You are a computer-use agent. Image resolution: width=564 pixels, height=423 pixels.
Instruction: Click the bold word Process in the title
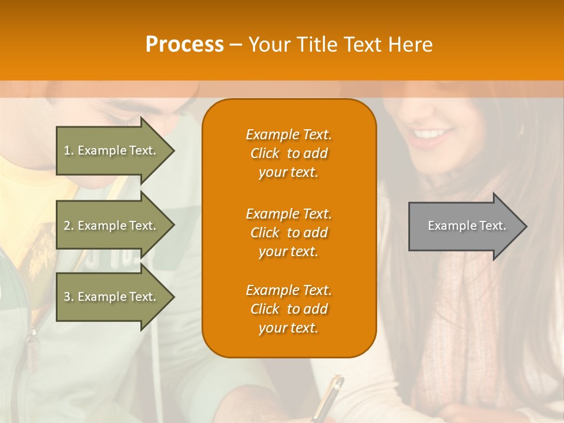point(184,45)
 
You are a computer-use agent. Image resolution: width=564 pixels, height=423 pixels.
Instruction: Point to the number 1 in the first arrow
point(67,150)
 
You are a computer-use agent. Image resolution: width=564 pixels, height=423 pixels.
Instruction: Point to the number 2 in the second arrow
point(67,226)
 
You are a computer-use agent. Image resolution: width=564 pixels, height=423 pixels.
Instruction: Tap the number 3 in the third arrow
point(67,297)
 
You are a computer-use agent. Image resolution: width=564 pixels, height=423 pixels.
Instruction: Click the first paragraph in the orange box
point(288,153)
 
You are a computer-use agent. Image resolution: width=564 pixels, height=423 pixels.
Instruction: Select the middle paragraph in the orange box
point(288,233)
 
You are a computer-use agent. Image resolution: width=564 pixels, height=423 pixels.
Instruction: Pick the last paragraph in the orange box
point(288,309)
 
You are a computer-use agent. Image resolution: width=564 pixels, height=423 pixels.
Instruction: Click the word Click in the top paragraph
point(264,153)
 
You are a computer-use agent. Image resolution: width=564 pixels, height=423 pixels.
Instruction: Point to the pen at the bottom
point(329,399)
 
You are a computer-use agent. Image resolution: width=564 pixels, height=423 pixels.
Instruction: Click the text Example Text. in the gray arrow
point(467,226)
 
